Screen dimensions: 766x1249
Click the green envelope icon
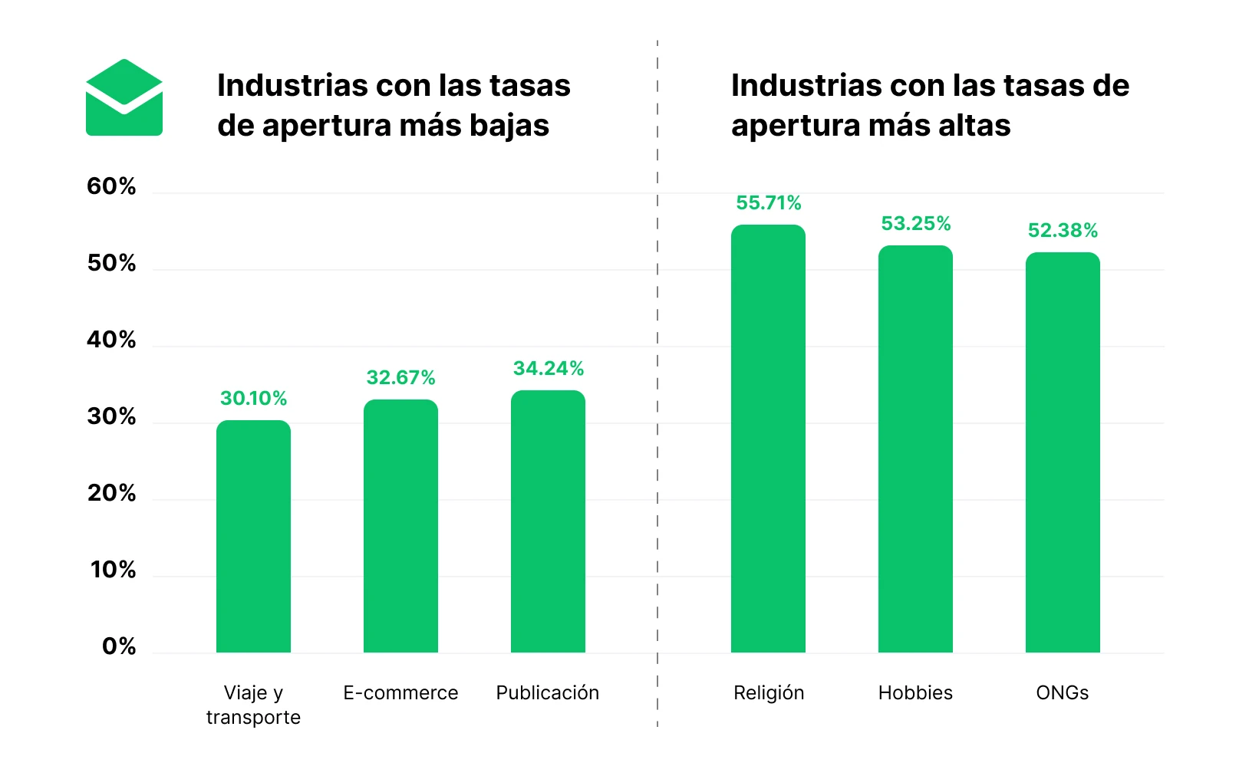pos(124,98)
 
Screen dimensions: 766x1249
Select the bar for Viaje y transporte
pos(253,537)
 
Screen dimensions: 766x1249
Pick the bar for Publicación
pos(548,521)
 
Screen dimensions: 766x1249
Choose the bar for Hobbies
pos(915,449)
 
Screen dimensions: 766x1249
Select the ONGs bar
pos(1063,452)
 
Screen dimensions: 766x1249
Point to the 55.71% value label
pos(768,203)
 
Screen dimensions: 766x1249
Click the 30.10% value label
pos(253,399)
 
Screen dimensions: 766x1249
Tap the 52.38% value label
pos(1063,231)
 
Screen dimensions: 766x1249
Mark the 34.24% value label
pos(548,369)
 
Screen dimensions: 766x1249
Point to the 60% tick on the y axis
pos(111,186)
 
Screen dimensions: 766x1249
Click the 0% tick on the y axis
pos(119,646)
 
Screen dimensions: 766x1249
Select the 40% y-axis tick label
pos(111,340)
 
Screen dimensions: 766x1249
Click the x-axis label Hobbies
pos(915,693)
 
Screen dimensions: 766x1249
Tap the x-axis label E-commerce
pos(400,693)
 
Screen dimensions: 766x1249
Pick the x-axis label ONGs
pos(1063,693)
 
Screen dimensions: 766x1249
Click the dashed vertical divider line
pos(657,383)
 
